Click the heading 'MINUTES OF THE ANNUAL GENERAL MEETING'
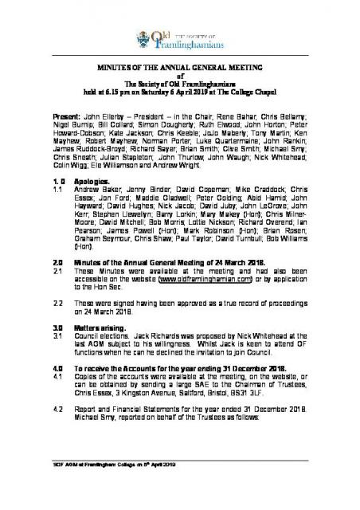pos(179,69)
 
